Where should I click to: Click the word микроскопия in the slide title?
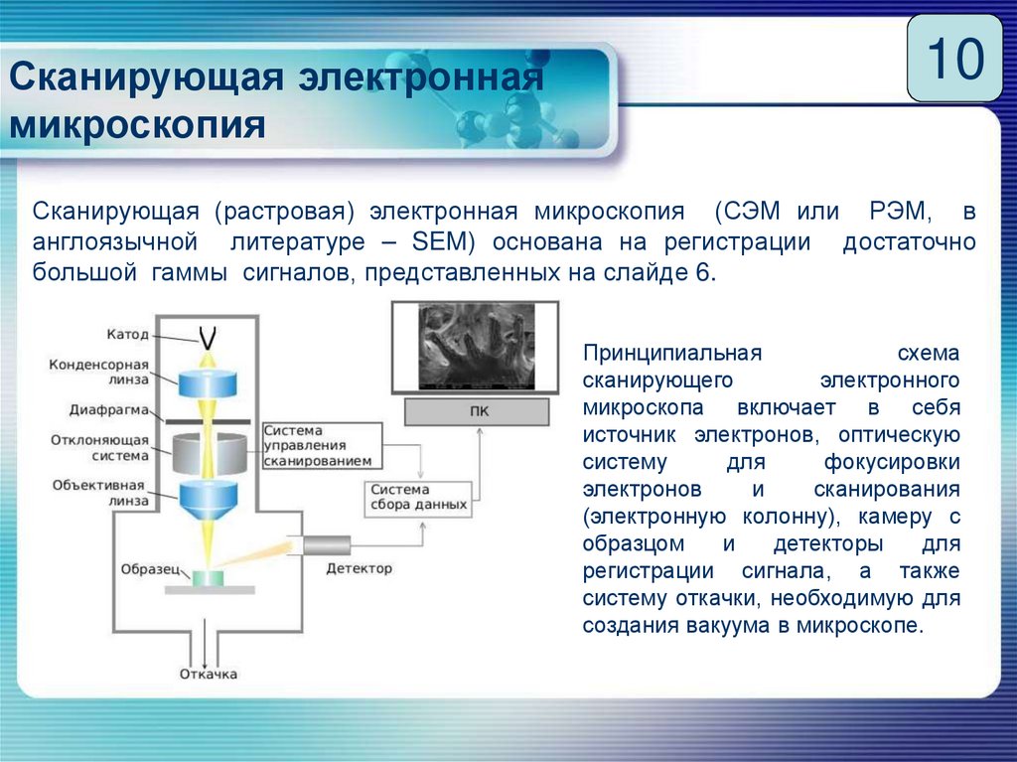(x=138, y=126)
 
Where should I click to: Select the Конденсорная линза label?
(x=99, y=372)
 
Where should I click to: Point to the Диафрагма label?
(x=109, y=409)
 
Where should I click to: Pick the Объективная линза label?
(x=99, y=493)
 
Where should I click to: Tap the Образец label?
(x=149, y=569)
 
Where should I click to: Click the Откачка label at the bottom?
(x=209, y=675)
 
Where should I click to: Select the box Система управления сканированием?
(x=320, y=446)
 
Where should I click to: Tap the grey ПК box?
(x=478, y=411)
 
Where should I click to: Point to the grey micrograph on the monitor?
(x=477, y=346)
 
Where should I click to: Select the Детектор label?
(x=359, y=569)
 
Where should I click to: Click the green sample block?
(x=209, y=576)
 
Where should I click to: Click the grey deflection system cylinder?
(x=208, y=453)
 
